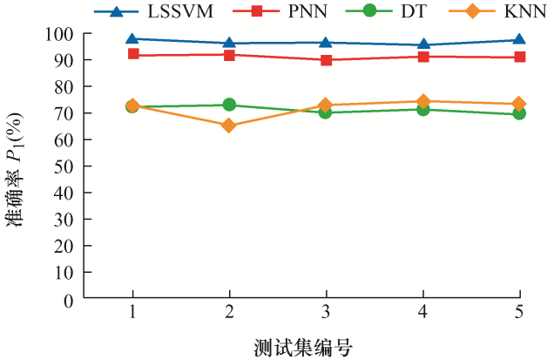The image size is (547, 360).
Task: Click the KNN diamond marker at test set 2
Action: (x=229, y=126)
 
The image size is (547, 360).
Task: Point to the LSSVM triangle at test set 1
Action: (x=132, y=39)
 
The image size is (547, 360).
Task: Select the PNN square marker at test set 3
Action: (x=326, y=60)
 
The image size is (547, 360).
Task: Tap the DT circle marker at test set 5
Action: (x=519, y=113)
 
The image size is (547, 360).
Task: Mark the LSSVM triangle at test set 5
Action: (x=519, y=40)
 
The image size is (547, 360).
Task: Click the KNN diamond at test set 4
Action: (x=422, y=101)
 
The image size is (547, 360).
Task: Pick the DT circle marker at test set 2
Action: (x=229, y=105)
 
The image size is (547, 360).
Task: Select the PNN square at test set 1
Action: (x=132, y=54)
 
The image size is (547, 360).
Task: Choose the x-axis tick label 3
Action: (x=326, y=312)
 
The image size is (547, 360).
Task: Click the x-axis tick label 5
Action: (x=519, y=312)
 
